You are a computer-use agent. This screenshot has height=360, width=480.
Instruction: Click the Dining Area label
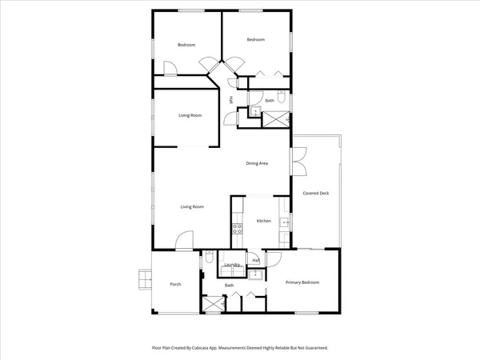click(x=256, y=163)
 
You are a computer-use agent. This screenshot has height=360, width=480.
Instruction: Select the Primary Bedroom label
click(x=303, y=282)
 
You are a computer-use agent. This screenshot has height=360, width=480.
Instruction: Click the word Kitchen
click(x=263, y=221)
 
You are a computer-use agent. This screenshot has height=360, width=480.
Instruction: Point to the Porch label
click(x=175, y=285)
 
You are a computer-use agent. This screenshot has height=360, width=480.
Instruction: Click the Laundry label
click(x=233, y=265)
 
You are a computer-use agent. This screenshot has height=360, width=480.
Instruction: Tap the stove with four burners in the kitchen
click(x=238, y=230)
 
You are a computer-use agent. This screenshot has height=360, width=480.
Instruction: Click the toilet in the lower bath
click(x=208, y=258)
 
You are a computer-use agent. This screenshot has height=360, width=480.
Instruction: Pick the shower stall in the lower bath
click(x=212, y=303)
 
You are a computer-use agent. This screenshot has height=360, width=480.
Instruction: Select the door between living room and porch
click(x=185, y=241)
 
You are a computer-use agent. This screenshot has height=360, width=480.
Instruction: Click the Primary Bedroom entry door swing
click(x=271, y=258)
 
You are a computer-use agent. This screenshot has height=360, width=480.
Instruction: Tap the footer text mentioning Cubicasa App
click(x=240, y=348)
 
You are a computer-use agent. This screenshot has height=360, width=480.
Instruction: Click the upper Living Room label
click(x=190, y=116)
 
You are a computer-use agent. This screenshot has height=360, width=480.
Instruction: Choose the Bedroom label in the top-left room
click(x=186, y=45)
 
